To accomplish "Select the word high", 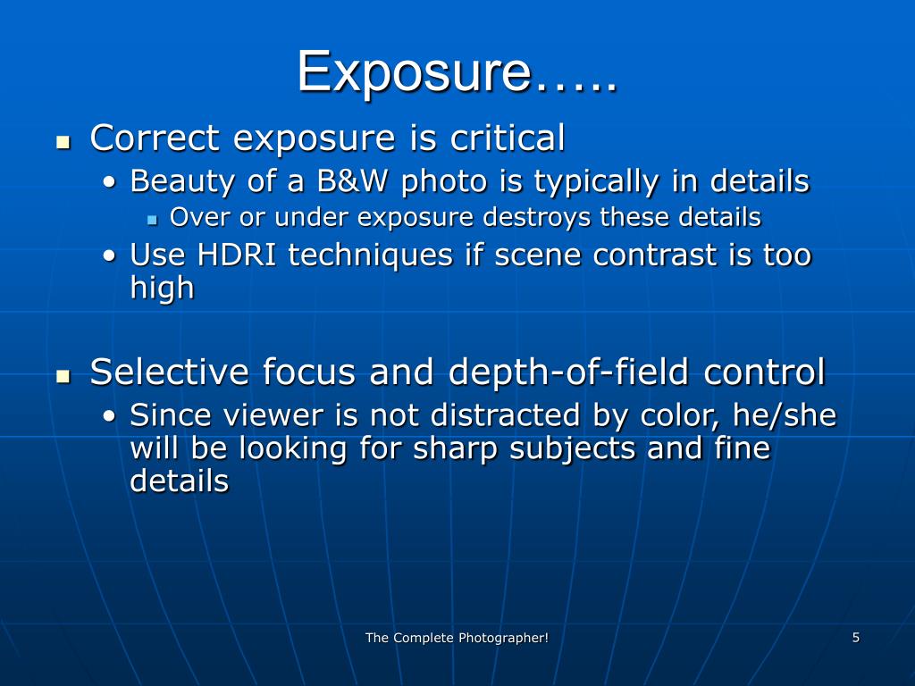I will point(162,289).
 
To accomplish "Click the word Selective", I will point(170,372).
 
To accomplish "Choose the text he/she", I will point(785,415).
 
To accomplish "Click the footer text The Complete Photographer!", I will point(457,637).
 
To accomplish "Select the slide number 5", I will point(856,637).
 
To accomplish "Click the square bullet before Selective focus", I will point(63,375).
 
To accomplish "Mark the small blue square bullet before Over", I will point(152,219).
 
